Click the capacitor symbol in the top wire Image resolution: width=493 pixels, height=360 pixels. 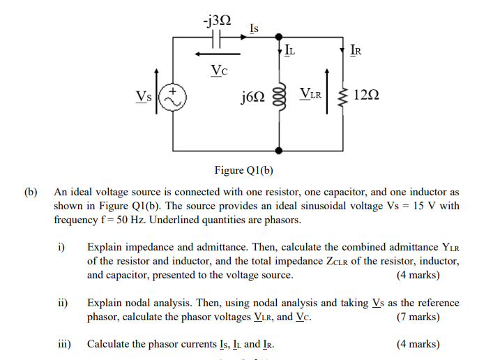pos(217,38)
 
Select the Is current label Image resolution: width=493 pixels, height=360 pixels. pos(254,28)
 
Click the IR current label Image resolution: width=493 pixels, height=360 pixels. pos(356,50)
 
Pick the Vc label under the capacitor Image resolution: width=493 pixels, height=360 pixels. pos(219,70)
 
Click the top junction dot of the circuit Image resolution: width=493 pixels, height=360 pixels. pos(279,38)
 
